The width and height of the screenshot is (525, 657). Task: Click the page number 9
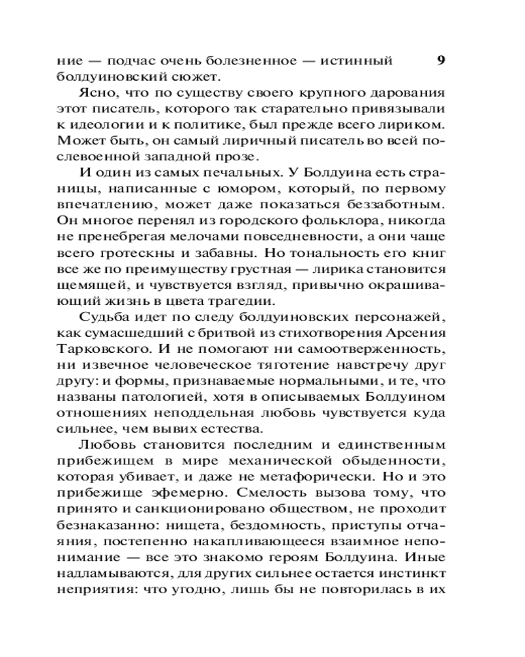click(441, 61)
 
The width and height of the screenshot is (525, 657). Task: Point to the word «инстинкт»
click(419, 570)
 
